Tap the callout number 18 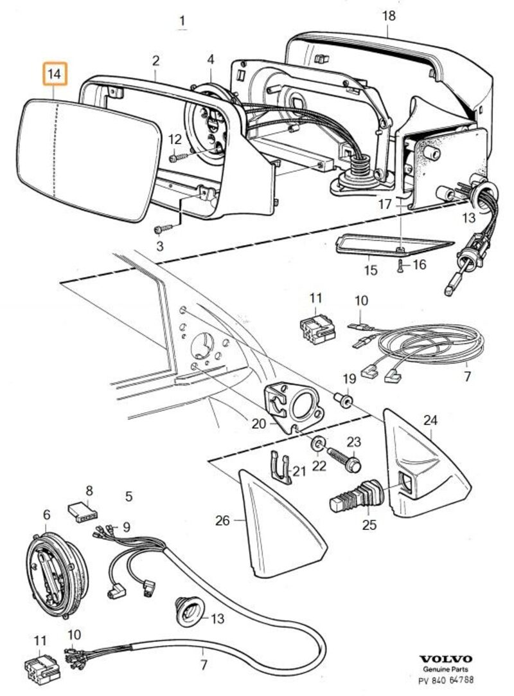[389, 15]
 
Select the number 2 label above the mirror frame [155, 61]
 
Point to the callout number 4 [210, 61]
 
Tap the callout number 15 [371, 270]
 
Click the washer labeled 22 [317, 444]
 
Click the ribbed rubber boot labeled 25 [357, 497]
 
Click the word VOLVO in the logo [445, 659]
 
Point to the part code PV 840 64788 [447, 679]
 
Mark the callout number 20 [258, 423]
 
